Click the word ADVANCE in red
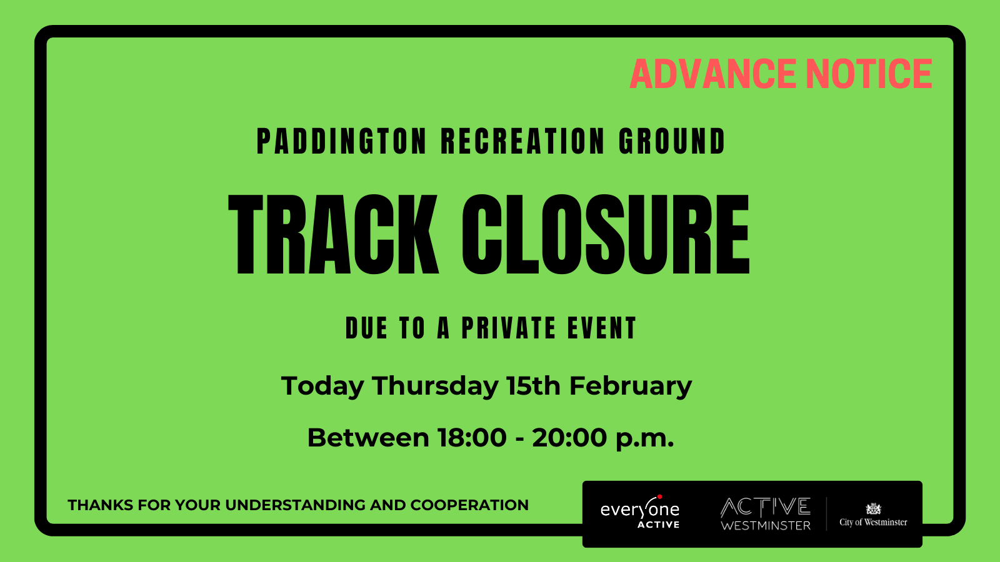714,74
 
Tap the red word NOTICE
869,74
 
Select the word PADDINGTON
342,142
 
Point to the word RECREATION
522,142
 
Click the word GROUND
672,142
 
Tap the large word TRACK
334,235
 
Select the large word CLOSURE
605,235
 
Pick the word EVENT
602,328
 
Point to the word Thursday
435,387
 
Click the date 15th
533,387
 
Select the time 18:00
472,438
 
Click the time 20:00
569,438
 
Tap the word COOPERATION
469,505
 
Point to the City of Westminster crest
873,509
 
